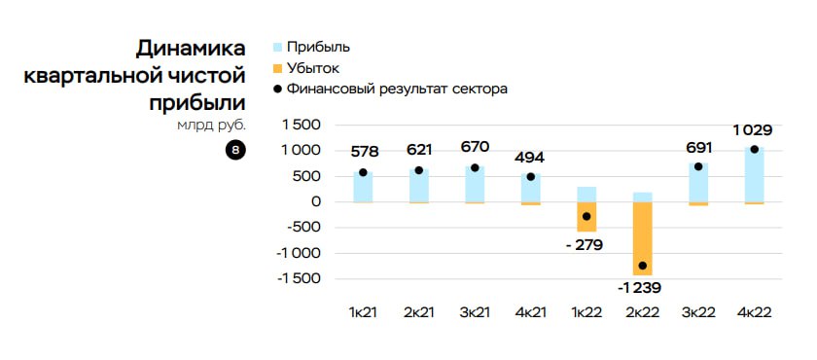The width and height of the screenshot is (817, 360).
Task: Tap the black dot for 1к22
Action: click(x=586, y=216)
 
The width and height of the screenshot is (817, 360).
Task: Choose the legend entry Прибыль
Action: click(x=311, y=47)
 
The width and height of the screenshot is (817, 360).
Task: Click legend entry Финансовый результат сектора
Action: click(x=390, y=90)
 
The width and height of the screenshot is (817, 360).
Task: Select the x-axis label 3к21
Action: click(x=474, y=312)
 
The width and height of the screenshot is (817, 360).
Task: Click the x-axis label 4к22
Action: click(x=754, y=312)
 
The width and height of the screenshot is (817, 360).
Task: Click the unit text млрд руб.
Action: click(x=211, y=125)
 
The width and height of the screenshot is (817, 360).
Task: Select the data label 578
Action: click(x=364, y=152)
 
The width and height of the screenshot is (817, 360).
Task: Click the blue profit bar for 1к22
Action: click(x=586, y=194)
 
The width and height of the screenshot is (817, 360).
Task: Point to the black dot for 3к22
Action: click(x=698, y=166)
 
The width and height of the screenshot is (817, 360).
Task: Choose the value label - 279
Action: click(x=584, y=244)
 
